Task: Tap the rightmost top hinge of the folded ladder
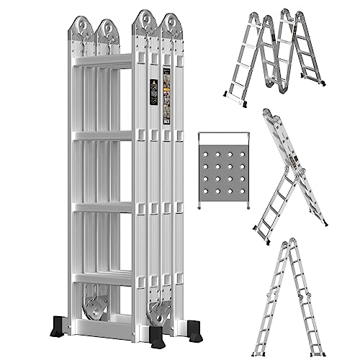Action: [170, 27]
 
